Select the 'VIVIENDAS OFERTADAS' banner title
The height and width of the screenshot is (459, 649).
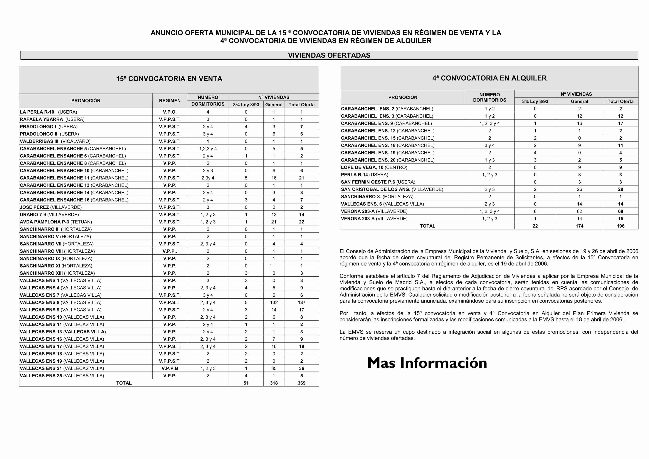click(329, 55)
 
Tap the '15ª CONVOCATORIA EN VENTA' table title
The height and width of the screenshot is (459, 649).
click(169, 79)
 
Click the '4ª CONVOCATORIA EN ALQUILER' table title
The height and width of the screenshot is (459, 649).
click(489, 78)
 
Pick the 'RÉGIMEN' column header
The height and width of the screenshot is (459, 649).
click(170, 101)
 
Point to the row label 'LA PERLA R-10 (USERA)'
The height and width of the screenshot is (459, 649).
click(48, 112)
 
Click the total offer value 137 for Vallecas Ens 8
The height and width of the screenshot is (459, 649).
click(301, 302)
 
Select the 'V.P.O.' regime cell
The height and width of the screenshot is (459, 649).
click(170, 112)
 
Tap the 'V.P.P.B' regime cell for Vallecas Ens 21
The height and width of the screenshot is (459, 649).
click(170, 368)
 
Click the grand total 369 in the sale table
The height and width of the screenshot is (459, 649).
click(301, 383)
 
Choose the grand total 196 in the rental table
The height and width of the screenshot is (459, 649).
click(621, 226)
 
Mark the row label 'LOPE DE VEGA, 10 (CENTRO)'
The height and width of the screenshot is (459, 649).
click(374, 167)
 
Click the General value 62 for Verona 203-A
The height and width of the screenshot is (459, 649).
click(579, 211)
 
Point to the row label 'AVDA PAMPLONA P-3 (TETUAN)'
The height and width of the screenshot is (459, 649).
click(56, 222)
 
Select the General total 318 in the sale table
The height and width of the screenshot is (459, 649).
click(274, 383)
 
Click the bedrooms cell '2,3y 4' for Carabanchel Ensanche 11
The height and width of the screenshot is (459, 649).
click(208, 178)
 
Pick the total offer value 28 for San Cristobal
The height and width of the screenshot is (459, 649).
click(621, 189)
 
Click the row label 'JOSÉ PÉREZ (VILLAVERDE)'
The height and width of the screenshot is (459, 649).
click(51, 207)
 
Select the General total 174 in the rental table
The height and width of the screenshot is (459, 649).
click(579, 226)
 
